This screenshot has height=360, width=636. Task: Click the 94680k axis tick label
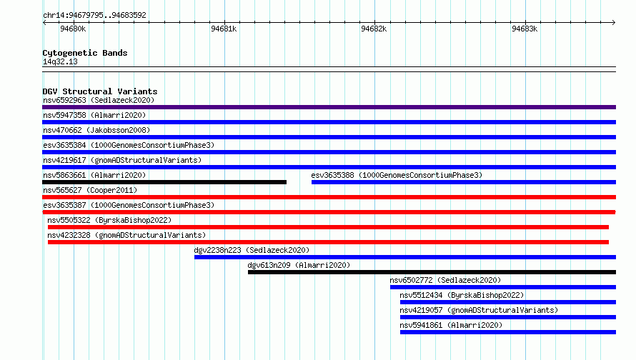point(73,29)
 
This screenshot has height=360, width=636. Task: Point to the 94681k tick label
point(224,29)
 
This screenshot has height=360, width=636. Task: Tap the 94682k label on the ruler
point(374,29)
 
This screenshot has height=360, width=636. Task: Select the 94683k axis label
point(525,29)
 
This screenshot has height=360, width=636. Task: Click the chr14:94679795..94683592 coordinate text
point(94,16)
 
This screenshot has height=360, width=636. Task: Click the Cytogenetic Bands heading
point(85,53)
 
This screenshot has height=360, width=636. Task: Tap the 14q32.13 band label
point(60,61)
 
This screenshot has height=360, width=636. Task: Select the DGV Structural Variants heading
point(100,91)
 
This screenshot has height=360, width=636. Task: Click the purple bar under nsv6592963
point(329,107)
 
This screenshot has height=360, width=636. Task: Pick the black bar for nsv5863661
point(164,182)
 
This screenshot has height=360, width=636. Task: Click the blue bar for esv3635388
point(464,182)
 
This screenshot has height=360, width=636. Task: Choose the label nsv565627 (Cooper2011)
point(90,190)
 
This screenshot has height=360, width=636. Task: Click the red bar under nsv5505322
point(328,227)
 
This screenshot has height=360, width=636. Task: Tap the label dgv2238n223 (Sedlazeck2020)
point(252,250)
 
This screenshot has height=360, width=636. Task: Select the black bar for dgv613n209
point(432,272)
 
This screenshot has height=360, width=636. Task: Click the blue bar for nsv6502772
point(503,287)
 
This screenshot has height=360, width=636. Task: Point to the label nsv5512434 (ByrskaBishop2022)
point(462,295)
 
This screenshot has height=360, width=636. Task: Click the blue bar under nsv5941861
point(508,332)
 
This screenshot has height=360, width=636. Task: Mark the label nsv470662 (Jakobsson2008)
point(96,130)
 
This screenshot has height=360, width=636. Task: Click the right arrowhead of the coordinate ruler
point(614,22)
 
